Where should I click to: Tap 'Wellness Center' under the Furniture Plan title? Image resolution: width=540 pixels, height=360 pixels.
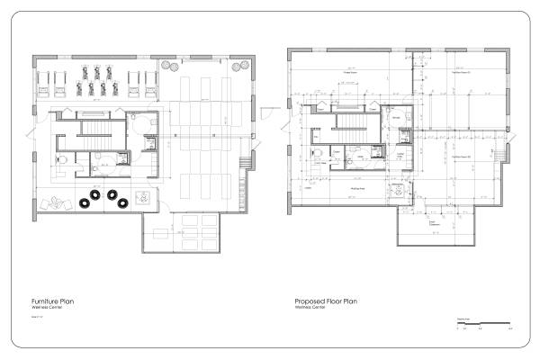pos(45,307)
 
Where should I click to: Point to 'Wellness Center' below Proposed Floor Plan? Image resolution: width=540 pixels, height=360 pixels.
pos(309,307)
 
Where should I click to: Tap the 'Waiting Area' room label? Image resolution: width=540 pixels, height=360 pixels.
pos(356,189)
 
